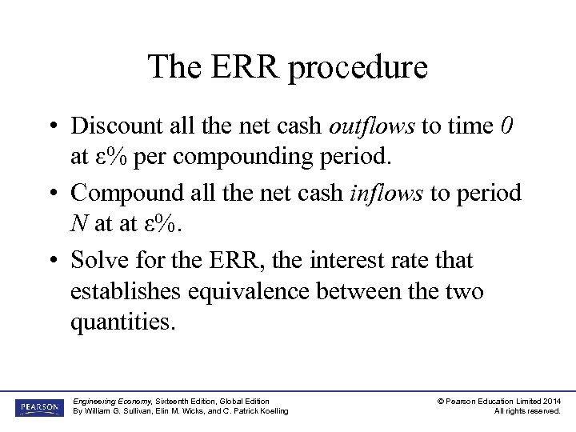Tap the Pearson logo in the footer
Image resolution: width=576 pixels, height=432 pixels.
(38, 406)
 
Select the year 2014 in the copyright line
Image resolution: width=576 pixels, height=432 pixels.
(551, 401)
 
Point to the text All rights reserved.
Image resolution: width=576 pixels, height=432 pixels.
(527, 411)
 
